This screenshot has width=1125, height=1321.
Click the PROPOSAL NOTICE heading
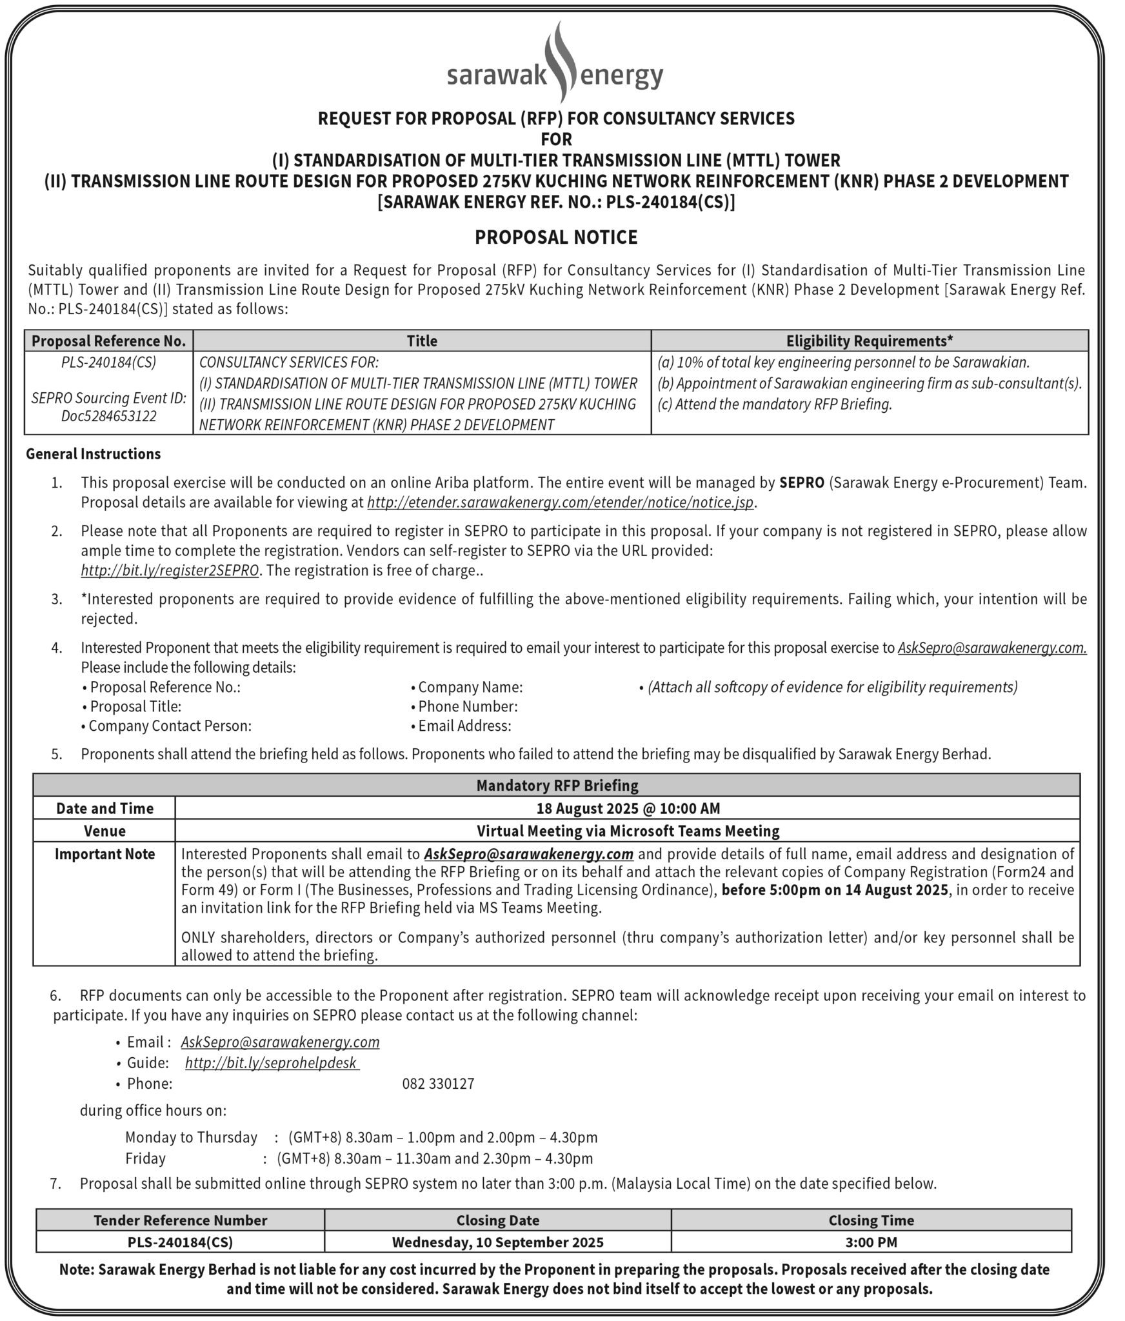pyautogui.click(x=556, y=237)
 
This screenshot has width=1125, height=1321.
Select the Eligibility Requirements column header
pyautogui.click(x=869, y=341)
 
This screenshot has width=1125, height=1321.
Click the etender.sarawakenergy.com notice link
pyautogui.click(x=560, y=502)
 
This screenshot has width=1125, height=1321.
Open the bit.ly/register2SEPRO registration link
pyautogui.click(x=170, y=571)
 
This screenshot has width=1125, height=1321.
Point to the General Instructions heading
pyautogui.click(x=94, y=454)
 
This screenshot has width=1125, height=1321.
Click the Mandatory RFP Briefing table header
pyautogui.click(x=557, y=785)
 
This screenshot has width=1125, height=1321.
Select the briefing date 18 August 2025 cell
pyautogui.click(x=628, y=808)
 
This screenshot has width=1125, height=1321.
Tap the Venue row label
pyautogui.click(x=105, y=831)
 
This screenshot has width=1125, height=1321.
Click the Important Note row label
pyautogui.click(x=105, y=854)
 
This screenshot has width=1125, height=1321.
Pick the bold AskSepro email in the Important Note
pyautogui.click(x=528, y=854)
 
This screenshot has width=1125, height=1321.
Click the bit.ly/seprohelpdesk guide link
pyautogui.click(x=271, y=1063)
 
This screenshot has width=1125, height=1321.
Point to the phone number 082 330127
pyautogui.click(x=438, y=1084)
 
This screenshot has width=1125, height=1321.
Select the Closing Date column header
pyautogui.click(x=497, y=1220)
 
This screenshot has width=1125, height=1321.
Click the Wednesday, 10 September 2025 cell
pyautogui.click(x=497, y=1242)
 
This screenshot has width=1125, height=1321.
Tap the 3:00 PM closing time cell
pyautogui.click(x=871, y=1242)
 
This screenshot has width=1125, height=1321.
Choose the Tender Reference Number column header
pyautogui.click(x=180, y=1220)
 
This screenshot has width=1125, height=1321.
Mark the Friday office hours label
pyautogui.click(x=145, y=1158)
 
